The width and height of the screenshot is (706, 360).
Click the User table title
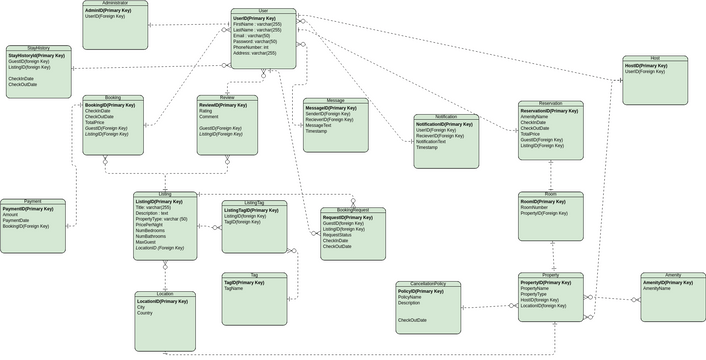(263, 10)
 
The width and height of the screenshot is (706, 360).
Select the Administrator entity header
(115, 3)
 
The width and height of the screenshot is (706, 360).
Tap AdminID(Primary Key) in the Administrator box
(106, 10)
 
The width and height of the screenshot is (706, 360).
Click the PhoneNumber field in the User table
(251, 47)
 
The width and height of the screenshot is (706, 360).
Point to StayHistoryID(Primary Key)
(36, 55)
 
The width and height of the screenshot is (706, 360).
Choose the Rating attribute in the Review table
(206, 111)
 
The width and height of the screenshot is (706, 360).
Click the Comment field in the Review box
(209, 117)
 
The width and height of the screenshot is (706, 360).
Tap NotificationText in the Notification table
(431, 141)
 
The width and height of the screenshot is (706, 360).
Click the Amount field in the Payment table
(11, 214)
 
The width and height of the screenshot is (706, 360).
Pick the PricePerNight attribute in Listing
(150, 224)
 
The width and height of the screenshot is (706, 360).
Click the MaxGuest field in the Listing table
(146, 241)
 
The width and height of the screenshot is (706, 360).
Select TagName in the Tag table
(233, 288)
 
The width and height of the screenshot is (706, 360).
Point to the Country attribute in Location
(145, 313)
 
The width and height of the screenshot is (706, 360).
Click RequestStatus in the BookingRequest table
(337, 234)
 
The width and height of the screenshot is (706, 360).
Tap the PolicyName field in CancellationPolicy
(410, 297)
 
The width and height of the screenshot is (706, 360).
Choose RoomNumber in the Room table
(536, 207)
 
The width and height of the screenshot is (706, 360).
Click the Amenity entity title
(672, 274)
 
